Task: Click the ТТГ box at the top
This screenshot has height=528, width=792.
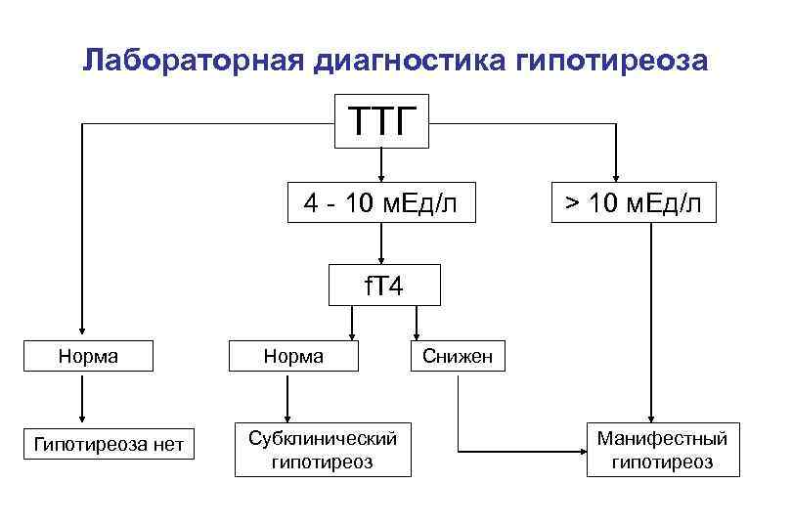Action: (x=381, y=122)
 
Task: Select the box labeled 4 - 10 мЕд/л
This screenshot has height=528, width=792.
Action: (x=380, y=202)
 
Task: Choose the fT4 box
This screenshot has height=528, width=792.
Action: (x=383, y=286)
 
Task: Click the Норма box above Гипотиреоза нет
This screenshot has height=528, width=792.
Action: (x=88, y=356)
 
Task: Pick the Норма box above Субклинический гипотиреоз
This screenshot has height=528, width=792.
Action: (x=294, y=356)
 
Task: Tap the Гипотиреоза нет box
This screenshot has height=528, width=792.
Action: (x=109, y=445)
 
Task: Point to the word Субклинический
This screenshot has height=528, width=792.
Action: (x=322, y=436)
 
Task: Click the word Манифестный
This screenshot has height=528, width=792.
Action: (x=662, y=436)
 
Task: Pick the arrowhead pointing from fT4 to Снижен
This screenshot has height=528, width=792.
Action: (x=418, y=333)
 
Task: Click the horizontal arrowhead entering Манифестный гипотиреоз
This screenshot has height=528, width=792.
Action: (x=581, y=452)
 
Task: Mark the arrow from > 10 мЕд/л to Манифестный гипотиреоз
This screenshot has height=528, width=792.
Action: (x=648, y=323)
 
